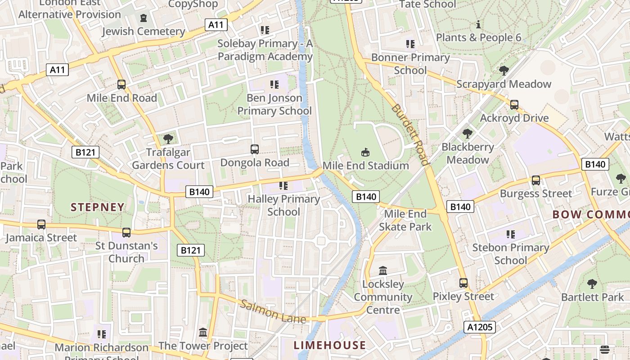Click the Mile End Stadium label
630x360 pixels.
pos(365,166)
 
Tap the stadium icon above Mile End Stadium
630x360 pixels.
pos(365,153)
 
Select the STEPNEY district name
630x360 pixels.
pos(98,207)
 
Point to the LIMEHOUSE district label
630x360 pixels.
pos(330,345)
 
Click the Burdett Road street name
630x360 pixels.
pos(410,135)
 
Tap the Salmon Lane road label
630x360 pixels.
pos(273,311)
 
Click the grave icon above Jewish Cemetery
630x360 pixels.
pos(144,18)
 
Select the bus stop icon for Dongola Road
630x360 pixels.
pos(255,149)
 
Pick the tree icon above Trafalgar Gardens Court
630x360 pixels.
pos(168,139)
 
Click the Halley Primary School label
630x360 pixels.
pos(284,205)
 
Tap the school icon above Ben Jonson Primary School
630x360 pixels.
pos(274,84)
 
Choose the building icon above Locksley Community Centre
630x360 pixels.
pos(383,270)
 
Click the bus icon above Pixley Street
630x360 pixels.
pos(463,283)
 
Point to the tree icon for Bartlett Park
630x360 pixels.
pos(592,284)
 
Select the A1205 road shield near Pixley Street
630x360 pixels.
pos(480,327)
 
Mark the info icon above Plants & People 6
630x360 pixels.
pos(478,24)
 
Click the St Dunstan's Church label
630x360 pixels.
pos(126,252)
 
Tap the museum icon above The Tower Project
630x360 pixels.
pos(203,332)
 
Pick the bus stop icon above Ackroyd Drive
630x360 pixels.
pos(514,105)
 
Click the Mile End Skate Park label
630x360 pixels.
pos(405,220)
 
